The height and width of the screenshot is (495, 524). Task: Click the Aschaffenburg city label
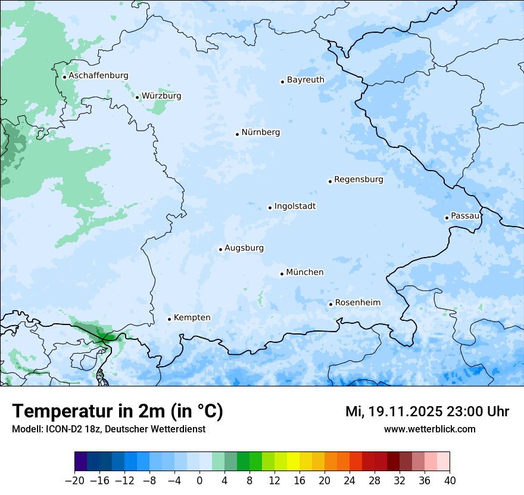(98, 76)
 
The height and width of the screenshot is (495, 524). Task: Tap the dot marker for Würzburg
(137, 97)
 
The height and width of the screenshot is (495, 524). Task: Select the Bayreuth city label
(305, 80)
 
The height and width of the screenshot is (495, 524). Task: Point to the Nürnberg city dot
(237, 134)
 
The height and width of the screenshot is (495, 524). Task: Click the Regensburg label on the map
(358, 180)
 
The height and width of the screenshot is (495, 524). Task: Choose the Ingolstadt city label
(295, 206)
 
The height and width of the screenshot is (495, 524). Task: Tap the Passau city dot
(447, 218)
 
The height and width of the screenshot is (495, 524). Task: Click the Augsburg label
(244, 248)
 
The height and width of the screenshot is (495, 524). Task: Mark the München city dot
(282, 274)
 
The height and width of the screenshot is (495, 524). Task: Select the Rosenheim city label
(357, 303)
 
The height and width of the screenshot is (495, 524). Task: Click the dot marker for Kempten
(169, 319)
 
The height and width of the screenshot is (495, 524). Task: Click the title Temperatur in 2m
(117, 412)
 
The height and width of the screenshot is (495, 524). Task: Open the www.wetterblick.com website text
(429, 429)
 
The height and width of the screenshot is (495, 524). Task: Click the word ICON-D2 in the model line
(60, 429)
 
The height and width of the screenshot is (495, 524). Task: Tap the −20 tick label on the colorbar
(74, 481)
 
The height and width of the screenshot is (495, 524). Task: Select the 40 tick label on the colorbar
(450, 481)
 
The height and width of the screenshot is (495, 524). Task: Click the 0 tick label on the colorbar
(199, 481)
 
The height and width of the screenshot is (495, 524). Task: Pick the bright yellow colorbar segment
(293, 462)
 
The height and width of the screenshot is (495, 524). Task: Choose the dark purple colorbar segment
(81, 462)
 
